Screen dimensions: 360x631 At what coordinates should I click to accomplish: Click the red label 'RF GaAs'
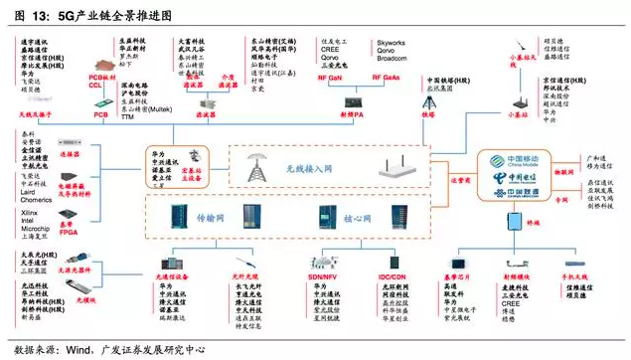(x=389, y=76)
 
